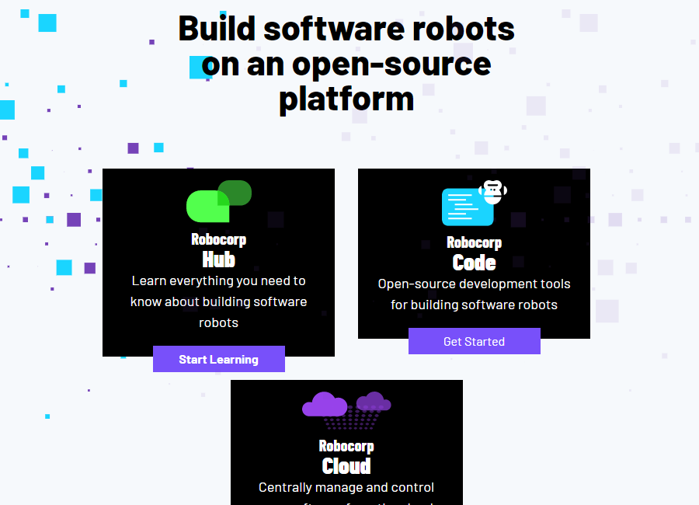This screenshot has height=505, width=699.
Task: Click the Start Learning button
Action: [218, 359]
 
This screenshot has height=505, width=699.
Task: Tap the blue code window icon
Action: [467, 207]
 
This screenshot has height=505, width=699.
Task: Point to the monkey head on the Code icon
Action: [493, 190]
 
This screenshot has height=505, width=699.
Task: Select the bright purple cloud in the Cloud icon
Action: [325, 405]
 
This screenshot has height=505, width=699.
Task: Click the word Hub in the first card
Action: [218, 259]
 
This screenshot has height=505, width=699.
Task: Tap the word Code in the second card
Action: [474, 262]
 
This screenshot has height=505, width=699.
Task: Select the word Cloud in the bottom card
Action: [346, 465]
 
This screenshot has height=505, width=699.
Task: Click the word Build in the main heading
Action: [217, 29]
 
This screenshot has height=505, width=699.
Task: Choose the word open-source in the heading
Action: [391, 64]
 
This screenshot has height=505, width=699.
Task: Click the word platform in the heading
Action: [346, 99]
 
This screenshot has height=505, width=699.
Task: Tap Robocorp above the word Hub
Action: [218, 239]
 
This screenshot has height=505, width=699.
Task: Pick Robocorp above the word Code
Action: [474, 242]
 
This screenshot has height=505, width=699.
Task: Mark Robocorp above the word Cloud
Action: [346, 446]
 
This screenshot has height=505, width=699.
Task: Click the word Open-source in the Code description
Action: [416, 284]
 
